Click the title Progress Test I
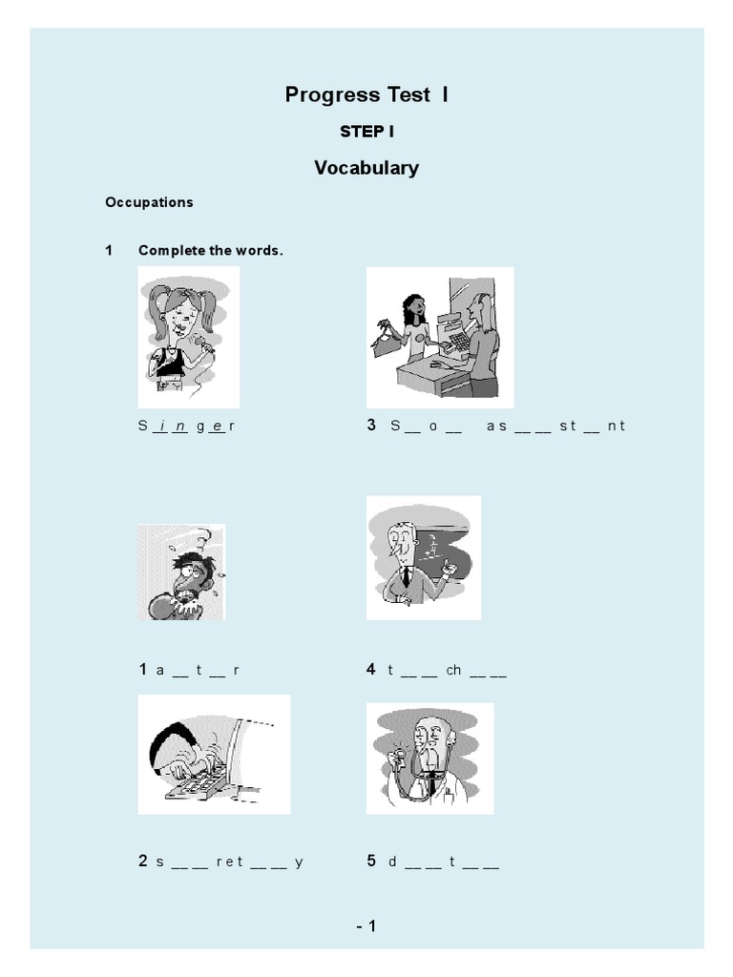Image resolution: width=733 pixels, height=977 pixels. (x=366, y=94)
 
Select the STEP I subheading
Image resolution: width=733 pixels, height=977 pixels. (x=366, y=132)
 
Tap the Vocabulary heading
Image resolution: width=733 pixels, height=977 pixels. (x=366, y=168)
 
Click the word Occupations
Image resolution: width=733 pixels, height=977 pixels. (x=149, y=202)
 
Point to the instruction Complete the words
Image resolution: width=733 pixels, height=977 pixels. (x=211, y=250)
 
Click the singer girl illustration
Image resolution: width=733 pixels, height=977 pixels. (x=189, y=337)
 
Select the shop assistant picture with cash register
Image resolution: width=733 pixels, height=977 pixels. (x=440, y=337)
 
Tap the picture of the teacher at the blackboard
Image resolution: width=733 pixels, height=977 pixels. (x=424, y=557)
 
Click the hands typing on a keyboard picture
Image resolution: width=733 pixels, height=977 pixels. (x=214, y=754)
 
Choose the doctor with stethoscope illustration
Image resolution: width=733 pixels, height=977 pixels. (x=429, y=758)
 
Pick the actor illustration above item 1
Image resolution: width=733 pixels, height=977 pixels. (x=181, y=572)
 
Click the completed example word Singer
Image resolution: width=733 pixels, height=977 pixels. (x=186, y=426)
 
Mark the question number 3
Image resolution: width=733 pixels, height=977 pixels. (x=371, y=426)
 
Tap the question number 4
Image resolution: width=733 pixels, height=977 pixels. (x=371, y=670)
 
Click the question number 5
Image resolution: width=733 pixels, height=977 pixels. (x=371, y=862)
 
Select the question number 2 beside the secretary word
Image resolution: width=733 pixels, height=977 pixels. (x=143, y=862)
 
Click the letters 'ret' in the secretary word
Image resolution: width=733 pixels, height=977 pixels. (x=230, y=863)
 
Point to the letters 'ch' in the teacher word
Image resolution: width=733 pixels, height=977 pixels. (x=453, y=671)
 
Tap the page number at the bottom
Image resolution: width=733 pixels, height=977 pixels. (x=366, y=925)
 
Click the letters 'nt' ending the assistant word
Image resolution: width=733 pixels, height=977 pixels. (x=616, y=426)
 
